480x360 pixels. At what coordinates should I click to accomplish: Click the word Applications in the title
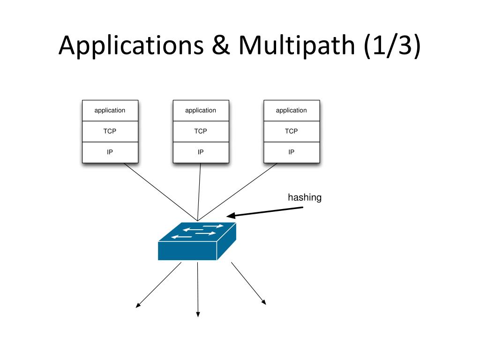point(131,45)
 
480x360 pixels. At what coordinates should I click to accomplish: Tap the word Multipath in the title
point(296,45)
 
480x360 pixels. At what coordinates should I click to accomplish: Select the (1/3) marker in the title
point(392,45)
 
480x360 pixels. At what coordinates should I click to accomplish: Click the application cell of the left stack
point(110,111)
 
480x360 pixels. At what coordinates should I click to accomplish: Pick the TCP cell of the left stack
point(110,131)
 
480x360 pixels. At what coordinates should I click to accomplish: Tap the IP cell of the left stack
point(110,152)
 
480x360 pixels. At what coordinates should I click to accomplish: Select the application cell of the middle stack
point(201,111)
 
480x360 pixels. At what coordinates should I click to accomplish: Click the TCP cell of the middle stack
point(201,131)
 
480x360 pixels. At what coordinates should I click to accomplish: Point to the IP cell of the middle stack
point(201,152)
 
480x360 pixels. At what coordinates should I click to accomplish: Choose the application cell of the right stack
point(292,111)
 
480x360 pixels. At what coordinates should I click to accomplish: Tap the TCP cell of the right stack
point(292,131)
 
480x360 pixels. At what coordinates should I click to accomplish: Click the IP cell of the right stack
point(292,152)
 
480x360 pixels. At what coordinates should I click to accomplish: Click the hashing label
point(305,198)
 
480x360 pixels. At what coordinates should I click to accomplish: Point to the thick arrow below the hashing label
point(265,212)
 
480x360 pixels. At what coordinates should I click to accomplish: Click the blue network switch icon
point(197,241)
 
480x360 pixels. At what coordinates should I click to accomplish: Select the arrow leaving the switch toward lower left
point(158,285)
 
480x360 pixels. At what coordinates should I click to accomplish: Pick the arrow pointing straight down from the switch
point(198,289)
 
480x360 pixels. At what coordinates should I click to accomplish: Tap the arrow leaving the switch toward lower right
point(248,284)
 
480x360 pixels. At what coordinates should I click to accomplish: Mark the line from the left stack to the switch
point(161,192)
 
